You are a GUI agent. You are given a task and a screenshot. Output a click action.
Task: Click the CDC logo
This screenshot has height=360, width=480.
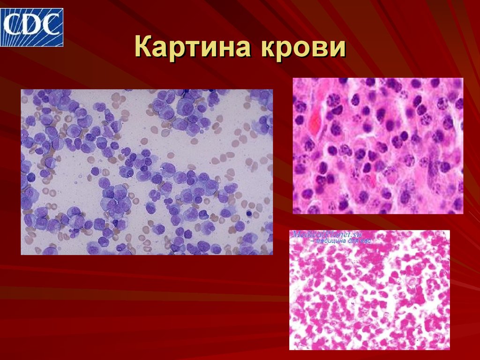(x=32, y=24)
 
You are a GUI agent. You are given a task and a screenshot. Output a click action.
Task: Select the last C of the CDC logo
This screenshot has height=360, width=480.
(x=51, y=23)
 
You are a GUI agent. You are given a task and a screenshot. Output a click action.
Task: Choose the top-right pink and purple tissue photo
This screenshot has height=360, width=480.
(x=378, y=146)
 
